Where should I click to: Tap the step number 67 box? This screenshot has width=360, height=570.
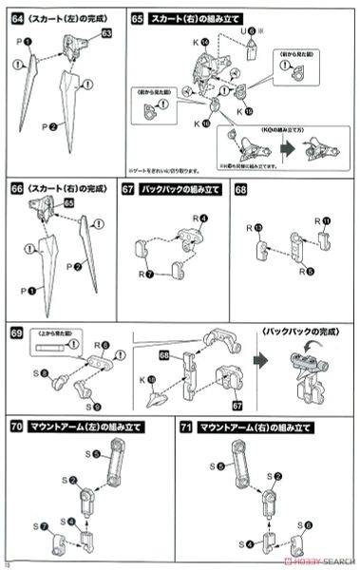pos(129,189)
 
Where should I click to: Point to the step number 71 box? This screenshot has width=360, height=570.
pos(186,427)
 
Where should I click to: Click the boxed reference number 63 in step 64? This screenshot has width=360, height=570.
pos(106,33)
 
